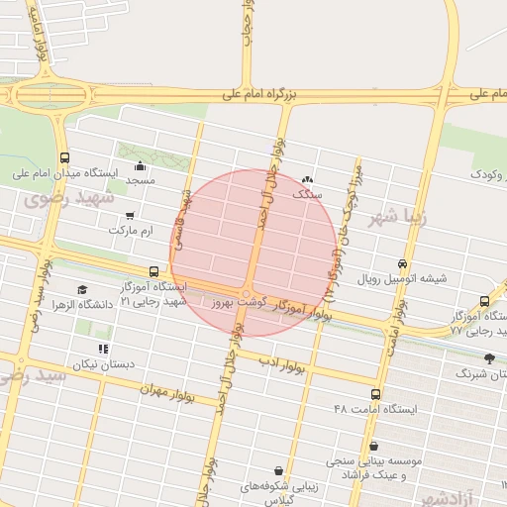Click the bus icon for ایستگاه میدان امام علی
click(64, 157)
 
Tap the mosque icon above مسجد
click(140, 165)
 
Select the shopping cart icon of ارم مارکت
click(130, 216)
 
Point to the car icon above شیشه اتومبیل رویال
click(402, 264)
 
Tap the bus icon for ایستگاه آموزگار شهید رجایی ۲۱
click(153, 271)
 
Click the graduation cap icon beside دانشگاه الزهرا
click(81, 290)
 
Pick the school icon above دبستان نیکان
click(103, 349)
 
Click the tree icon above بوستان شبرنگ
click(488, 358)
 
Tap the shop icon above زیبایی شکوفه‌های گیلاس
click(278, 470)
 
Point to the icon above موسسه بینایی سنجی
click(373, 447)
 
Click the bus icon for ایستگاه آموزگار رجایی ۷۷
click(483, 301)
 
